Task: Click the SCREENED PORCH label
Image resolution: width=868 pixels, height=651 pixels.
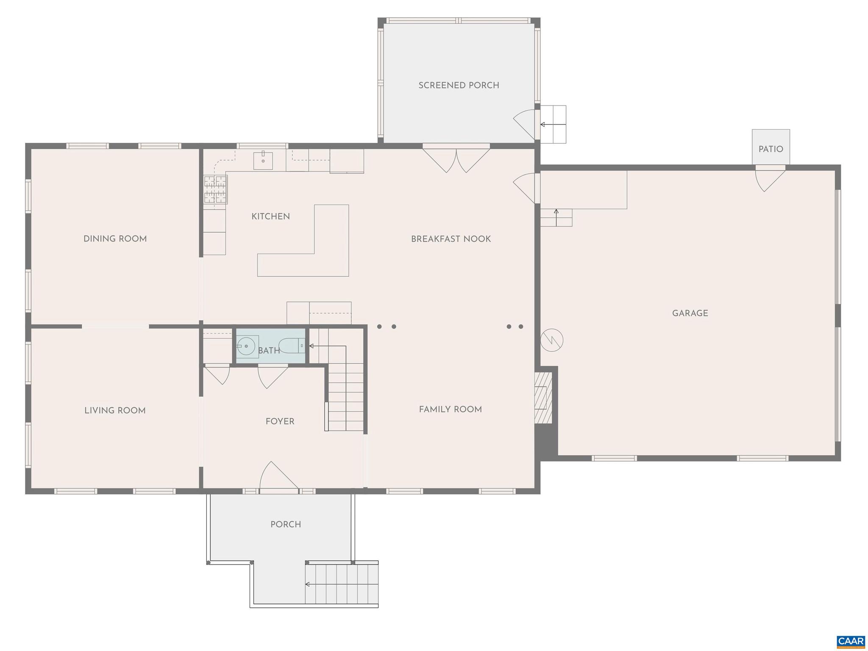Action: pyautogui.click(x=459, y=85)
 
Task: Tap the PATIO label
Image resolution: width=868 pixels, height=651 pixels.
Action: pyautogui.click(x=771, y=149)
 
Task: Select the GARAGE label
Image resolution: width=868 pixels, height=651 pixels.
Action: pyautogui.click(x=690, y=313)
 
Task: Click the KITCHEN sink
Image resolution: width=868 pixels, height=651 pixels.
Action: pyautogui.click(x=263, y=160)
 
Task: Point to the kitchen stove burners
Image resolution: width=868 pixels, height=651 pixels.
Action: pyautogui.click(x=215, y=189)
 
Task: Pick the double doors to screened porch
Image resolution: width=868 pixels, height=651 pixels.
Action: pyautogui.click(x=456, y=160)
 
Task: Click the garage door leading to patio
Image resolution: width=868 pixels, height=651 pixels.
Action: pyautogui.click(x=769, y=179)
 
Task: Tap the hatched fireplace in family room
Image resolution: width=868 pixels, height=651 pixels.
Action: pyautogui.click(x=543, y=398)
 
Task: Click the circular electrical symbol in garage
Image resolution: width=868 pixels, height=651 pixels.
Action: pyautogui.click(x=552, y=340)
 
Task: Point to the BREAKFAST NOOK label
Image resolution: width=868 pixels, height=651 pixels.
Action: pyautogui.click(x=451, y=239)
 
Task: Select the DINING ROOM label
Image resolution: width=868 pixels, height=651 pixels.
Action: pyautogui.click(x=115, y=239)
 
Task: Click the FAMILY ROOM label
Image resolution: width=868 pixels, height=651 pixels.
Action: pyautogui.click(x=450, y=409)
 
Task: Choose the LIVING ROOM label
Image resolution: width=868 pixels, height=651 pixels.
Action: pyautogui.click(x=115, y=410)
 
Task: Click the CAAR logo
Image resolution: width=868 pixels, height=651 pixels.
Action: pyautogui.click(x=851, y=641)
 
